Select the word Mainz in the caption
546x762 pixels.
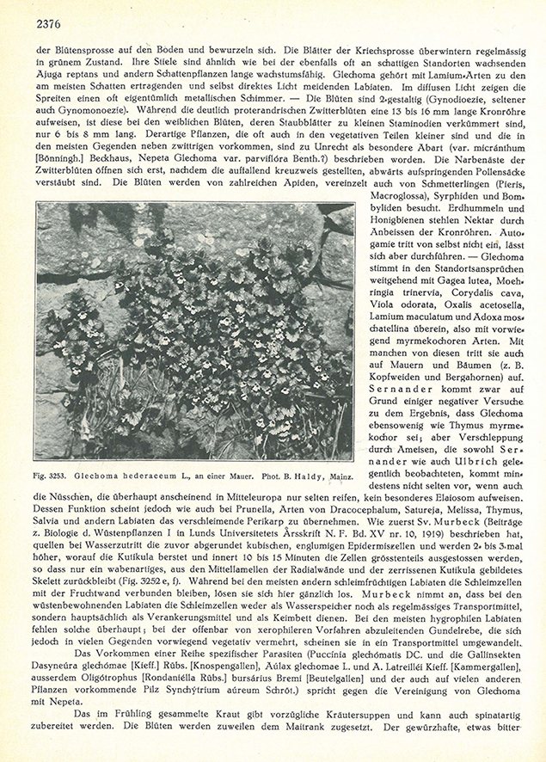pyautogui.click(x=334, y=474)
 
